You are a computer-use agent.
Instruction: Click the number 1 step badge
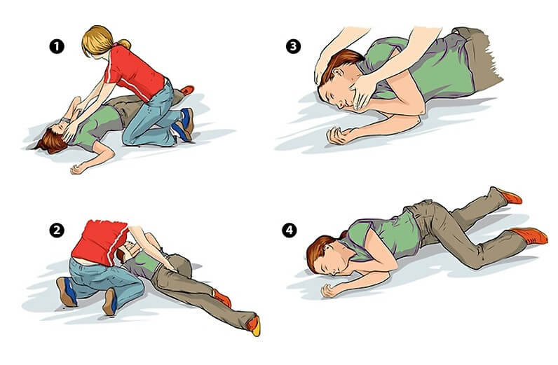coord(57,47)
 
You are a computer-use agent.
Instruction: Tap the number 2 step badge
coord(57,230)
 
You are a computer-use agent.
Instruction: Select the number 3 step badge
coord(293,46)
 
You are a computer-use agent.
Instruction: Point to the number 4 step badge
coord(290,230)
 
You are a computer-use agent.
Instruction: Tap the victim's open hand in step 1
coord(77,169)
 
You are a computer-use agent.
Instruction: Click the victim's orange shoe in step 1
coord(187,90)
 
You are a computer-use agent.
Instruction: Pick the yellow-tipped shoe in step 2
coord(254,326)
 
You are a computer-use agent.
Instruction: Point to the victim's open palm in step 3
coord(336,135)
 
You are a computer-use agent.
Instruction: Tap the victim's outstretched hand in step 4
coord(330,290)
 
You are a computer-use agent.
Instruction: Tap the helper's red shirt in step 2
coord(100,239)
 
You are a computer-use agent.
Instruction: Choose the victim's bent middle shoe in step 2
coord(222,298)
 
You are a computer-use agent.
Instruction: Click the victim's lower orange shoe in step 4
coord(530,236)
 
